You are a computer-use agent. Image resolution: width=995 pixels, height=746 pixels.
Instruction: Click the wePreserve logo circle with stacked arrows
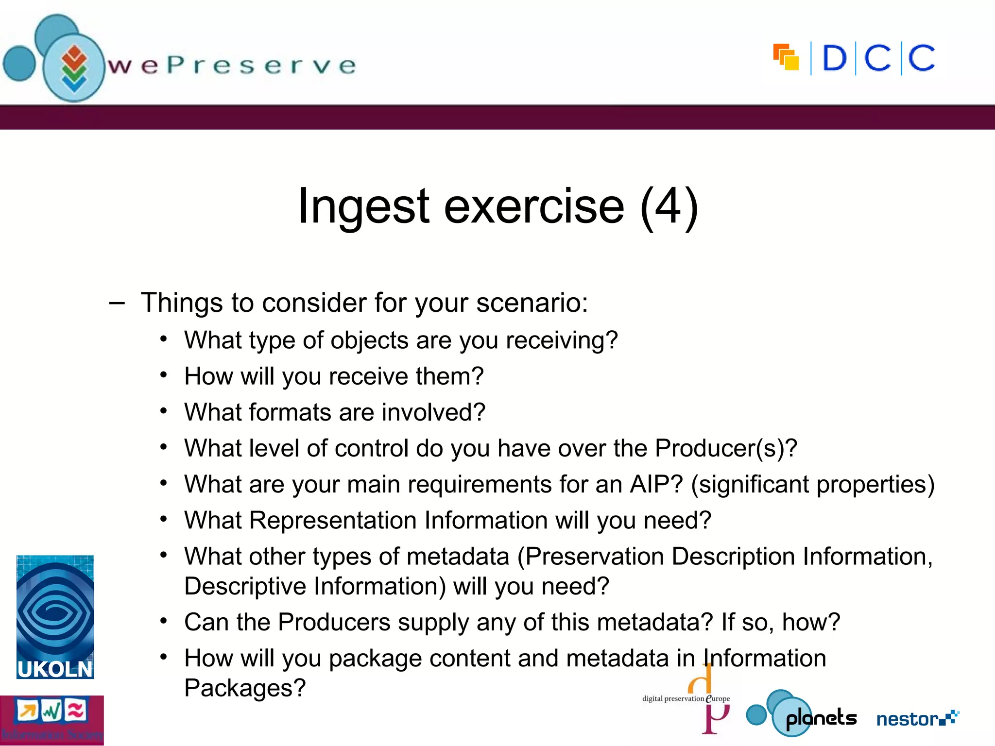click(74, 68)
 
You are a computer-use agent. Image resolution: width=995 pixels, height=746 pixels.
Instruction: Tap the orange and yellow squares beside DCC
click(786, 57)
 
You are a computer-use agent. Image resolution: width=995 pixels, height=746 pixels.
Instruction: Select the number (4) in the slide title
click(669, 206)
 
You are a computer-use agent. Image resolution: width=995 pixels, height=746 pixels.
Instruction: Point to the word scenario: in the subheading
click(532, 303)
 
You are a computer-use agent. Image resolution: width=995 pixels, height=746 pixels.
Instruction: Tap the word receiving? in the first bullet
click(562, 340)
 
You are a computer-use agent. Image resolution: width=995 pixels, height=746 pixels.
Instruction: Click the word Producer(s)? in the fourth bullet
click(726, 448)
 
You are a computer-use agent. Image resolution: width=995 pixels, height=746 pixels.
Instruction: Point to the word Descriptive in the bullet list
click(245, 586)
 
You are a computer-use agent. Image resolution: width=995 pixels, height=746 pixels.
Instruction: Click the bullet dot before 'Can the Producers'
click(164, 621)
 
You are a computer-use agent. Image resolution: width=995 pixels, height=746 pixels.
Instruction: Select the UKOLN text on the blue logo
click(55, 670)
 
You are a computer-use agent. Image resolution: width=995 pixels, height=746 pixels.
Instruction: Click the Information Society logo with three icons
click(52, 720)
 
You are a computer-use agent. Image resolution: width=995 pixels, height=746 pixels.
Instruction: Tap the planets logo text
click(821, 718)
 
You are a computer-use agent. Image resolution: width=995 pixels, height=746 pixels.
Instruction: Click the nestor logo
click(917, 718)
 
